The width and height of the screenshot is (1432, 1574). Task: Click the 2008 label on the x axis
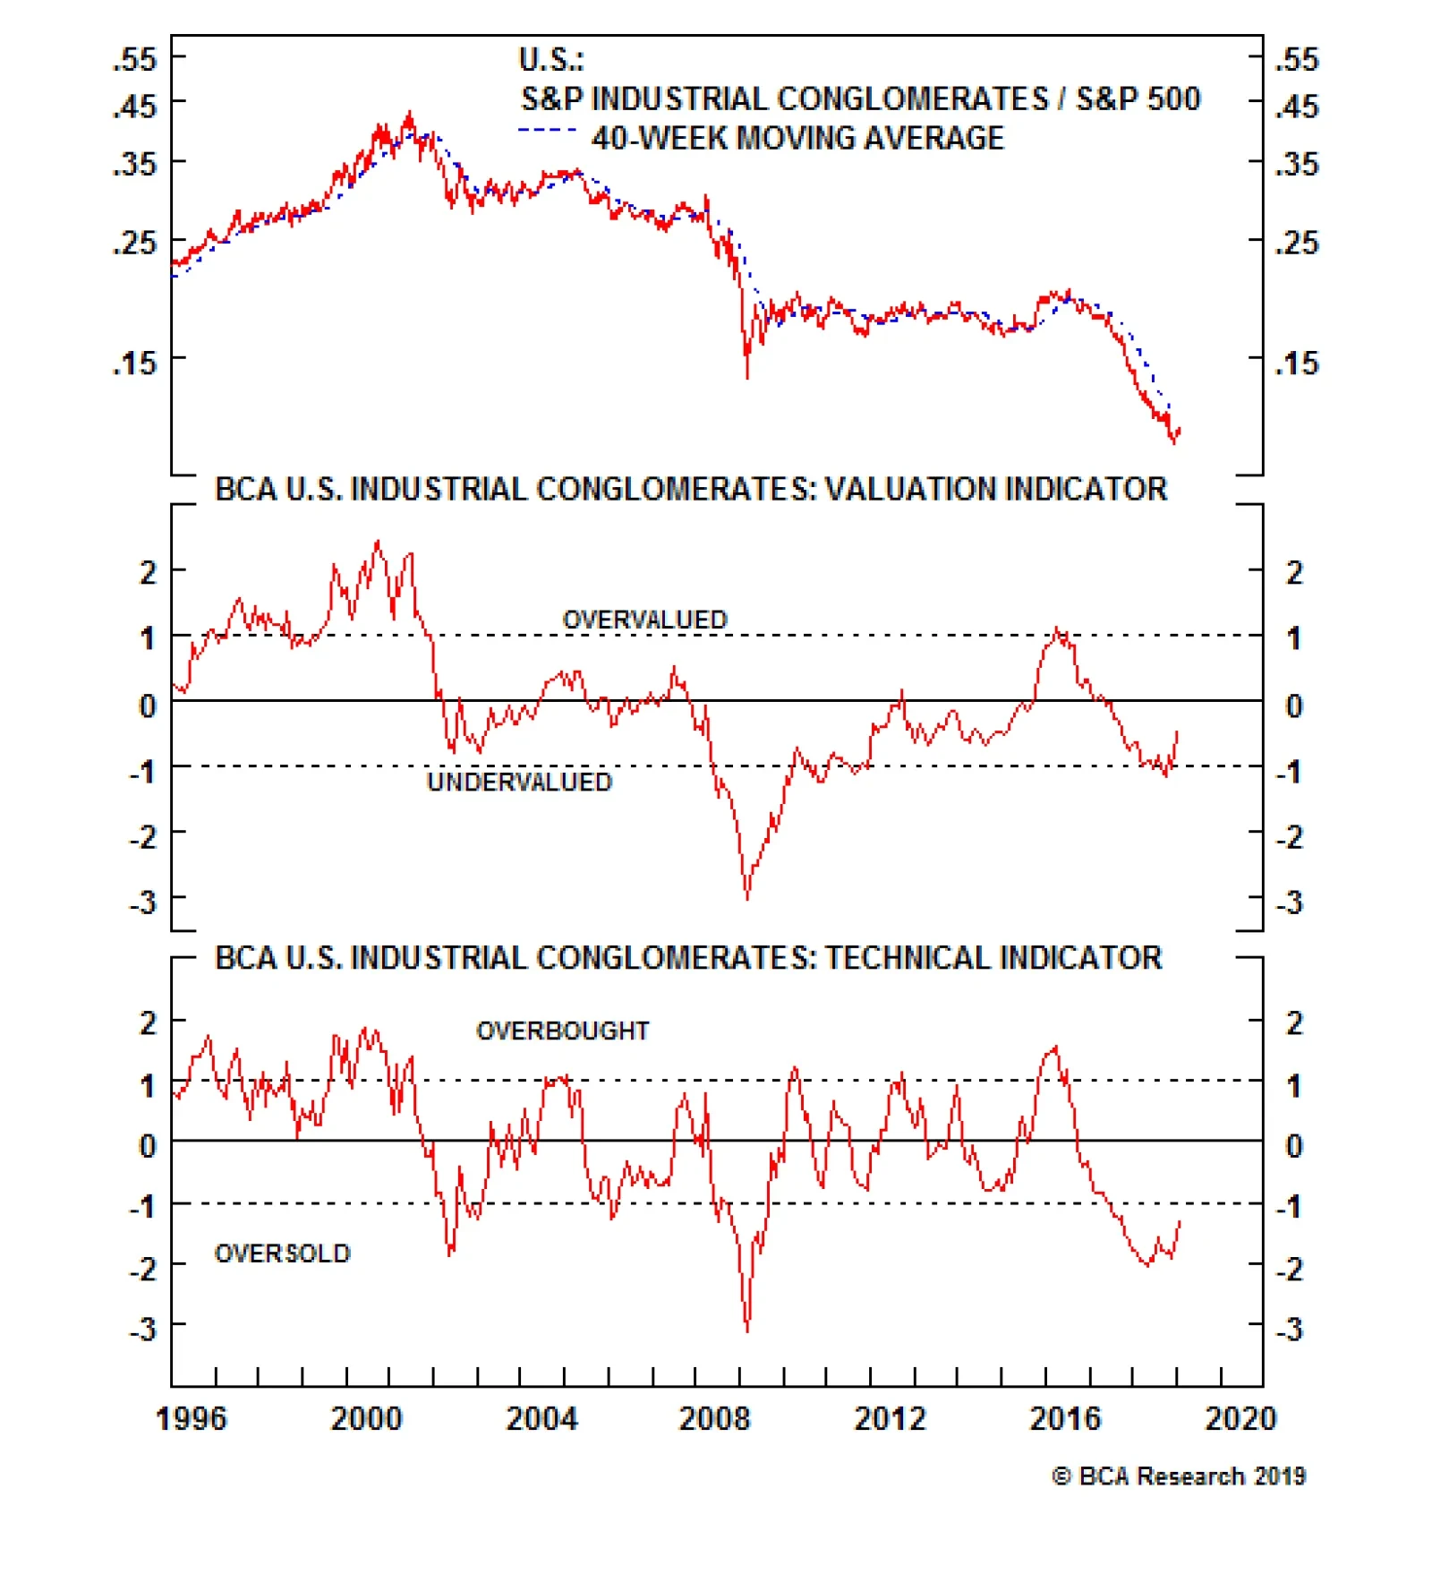tap(714, 1419)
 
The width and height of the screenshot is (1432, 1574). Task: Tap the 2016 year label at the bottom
tap(1064, 1419)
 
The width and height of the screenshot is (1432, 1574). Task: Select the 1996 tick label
tap(191, 1419)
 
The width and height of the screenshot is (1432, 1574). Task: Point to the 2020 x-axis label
tap(1240, 1419)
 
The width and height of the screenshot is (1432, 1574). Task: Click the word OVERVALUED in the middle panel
tap(644, 620)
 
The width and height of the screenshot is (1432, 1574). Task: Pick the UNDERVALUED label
tap(519, 783)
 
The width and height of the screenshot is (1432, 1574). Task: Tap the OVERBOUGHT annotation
tap(562, 1031)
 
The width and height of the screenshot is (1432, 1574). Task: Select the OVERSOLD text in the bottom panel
tap(282, 1253)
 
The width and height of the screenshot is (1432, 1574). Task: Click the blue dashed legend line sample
tap(547, 131)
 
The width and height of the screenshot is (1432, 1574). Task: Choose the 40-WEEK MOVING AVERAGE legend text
tap(797, 139)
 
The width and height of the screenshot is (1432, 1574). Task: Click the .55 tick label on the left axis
tap(134, 60)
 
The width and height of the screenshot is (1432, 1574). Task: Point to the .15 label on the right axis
tap(1297, 364)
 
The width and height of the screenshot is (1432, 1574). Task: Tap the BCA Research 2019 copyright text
tap(1179, 1476)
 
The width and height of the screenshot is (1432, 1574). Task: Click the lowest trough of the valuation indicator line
tap(747, 897)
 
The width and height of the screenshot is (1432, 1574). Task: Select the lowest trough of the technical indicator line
tap(747, 1330)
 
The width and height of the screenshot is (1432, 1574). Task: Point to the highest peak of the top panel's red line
tap(410, 114)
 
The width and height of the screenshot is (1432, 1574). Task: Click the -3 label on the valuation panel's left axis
tap(143, 902)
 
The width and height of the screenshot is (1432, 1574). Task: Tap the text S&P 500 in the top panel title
tap(1138, 99)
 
